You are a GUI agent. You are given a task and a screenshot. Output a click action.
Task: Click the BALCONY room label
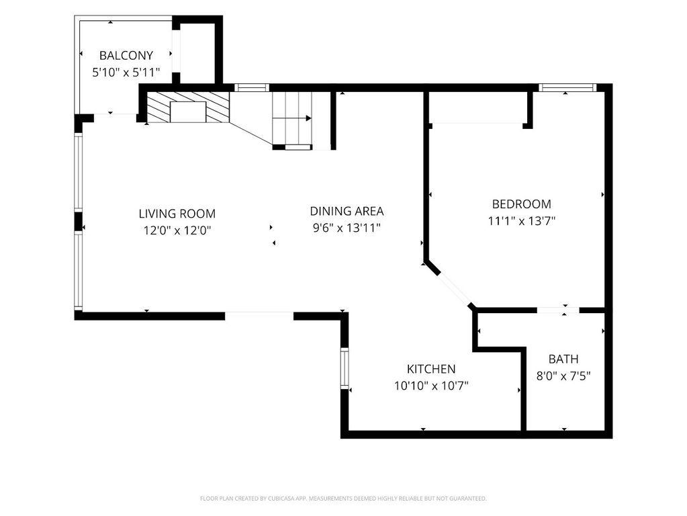tap(126, 56)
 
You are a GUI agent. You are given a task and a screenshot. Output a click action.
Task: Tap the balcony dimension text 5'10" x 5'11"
tap(126, 73)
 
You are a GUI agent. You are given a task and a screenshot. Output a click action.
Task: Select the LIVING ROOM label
tap(177, 214)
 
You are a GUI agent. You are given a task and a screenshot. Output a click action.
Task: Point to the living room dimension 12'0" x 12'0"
tap(177, 230)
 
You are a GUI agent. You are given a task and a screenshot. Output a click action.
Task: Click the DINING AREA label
tap(347, 212)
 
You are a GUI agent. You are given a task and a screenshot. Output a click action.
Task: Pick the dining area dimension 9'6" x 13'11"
tap(347, 228)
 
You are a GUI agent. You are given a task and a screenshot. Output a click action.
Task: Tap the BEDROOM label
tap(521, 204)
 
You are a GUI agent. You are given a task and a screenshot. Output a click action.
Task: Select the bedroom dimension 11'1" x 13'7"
tap(521, 221)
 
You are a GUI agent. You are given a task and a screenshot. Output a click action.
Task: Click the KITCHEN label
tap(431, 369)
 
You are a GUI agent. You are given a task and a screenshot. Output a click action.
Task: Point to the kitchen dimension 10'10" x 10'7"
tap(431, 386)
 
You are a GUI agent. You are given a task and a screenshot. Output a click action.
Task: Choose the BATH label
tap(563, 359)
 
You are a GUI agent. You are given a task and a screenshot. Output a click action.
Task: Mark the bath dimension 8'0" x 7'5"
tap(563, 376)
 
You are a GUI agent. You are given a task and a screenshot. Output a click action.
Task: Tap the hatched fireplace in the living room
tap(188, 107)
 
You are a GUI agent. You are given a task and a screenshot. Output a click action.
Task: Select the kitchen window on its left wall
tap(345, 368)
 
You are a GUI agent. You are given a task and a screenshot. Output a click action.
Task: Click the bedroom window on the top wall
tap(567, 88)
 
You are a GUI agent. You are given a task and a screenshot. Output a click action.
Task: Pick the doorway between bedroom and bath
tap(558, 310)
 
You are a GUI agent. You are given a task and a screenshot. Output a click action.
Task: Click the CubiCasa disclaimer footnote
tap(343, 499)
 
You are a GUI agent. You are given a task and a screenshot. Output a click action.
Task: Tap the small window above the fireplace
tap(252, 88)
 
